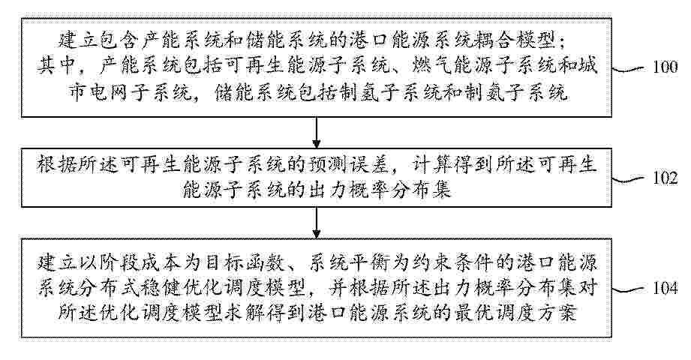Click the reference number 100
[665, 67]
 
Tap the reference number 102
[665, 178]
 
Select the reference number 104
[665, 289]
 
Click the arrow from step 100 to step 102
[316, 133]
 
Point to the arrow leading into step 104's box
[316, 223]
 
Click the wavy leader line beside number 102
[630, 179]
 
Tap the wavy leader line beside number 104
[630, 289]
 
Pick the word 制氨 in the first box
[486, 92]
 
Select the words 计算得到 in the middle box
[449, 165]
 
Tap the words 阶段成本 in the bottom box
[132, 263]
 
